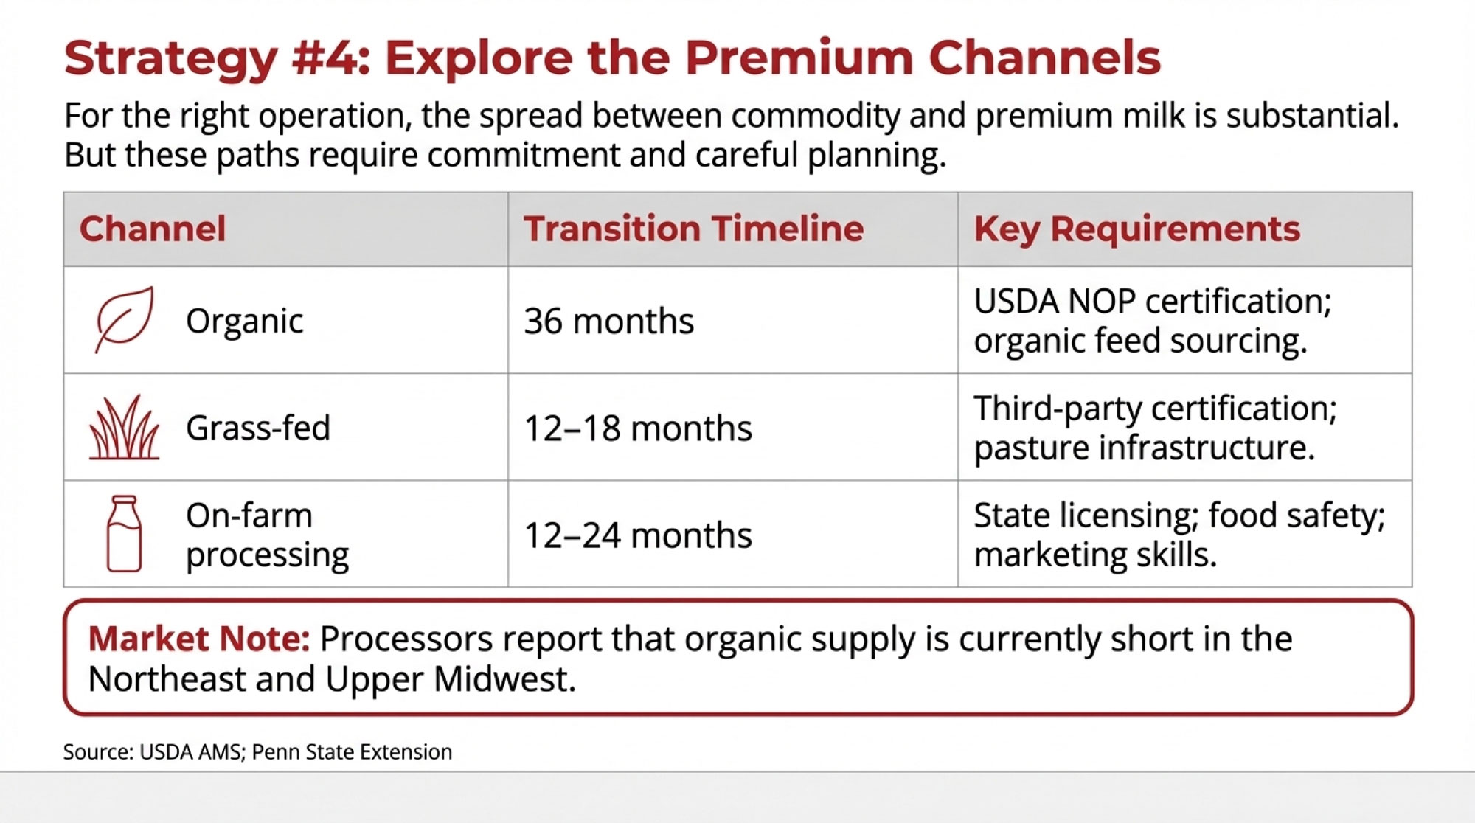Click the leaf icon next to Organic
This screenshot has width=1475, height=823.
point(125,319)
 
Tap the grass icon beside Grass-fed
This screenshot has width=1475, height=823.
point(124,427)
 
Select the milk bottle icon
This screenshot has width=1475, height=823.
point(124,533)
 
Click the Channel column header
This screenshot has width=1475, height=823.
point(153,229)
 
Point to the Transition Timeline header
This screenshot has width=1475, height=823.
point(693,229)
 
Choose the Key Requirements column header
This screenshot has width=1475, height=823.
point(1136,229)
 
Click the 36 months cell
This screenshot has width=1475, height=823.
point(609,321)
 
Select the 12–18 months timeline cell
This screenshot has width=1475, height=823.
point(638,428)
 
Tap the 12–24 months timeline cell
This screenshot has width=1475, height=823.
point(638,535)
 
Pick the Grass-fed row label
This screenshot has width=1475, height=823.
point(258,428)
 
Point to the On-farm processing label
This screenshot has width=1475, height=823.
point(267,535)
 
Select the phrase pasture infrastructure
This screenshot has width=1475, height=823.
point(1144,448)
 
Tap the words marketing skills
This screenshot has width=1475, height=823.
point(1095,555)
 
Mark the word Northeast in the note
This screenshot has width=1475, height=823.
point(167,678)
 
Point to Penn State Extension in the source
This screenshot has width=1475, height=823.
point(352,751)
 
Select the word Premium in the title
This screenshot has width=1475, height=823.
point(799,58)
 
